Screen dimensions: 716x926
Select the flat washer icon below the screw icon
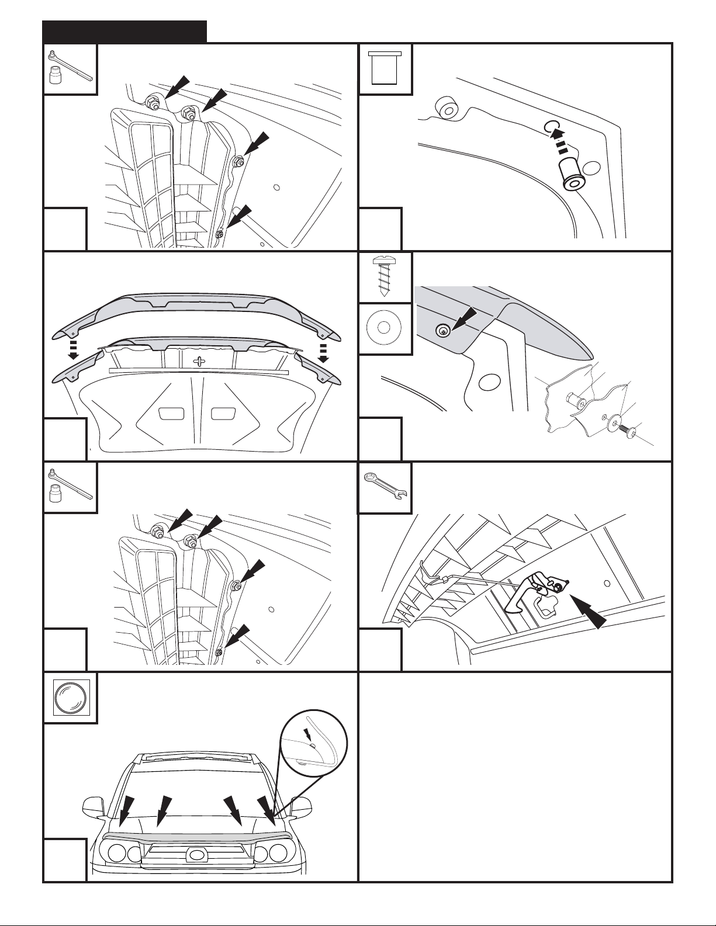tap(385, 328)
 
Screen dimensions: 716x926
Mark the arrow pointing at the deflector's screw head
tap(465, 321)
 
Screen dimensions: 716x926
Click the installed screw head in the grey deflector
tap(444, 332)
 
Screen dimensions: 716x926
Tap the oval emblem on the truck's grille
tap(195, 855)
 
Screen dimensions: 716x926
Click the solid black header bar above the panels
tap(125, 32)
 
